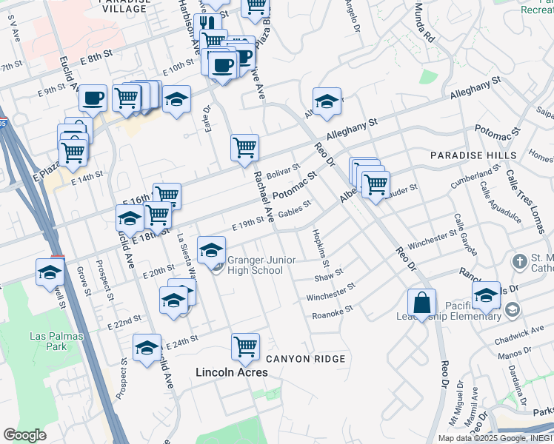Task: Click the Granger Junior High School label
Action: click(x=255, y=265)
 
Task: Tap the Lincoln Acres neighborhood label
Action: click(x=231, y=372)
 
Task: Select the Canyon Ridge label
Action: click(x=306, y=359)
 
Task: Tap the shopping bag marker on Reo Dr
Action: click(x=421, y=303)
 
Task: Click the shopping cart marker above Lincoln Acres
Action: click(x=245, y=346)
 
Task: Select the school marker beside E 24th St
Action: click(x=147, y=348)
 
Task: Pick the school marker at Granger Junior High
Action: click(x=212, y=249)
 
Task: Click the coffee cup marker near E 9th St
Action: click(x=93, y=98)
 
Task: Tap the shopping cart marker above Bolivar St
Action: click(x=244, y=147)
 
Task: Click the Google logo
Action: click(x=24, y=434)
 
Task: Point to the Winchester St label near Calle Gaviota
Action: click(x=433, y=239)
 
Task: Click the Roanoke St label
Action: click(x=332, y=312)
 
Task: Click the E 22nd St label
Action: click(x=124, y=323)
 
